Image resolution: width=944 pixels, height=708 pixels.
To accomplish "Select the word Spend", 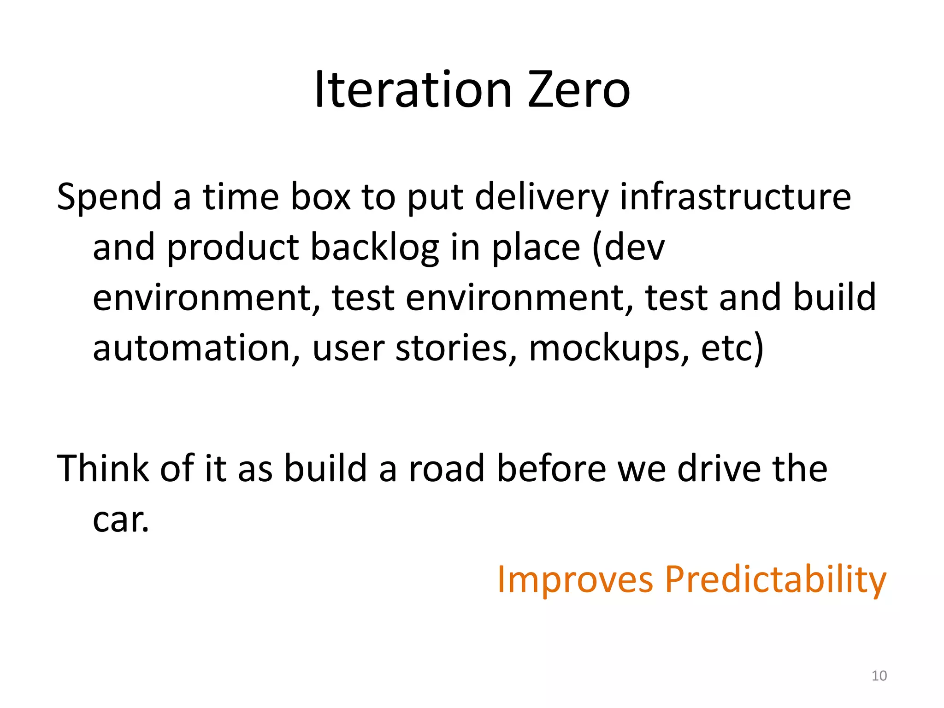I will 109,197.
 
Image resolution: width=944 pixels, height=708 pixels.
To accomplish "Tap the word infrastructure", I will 735,197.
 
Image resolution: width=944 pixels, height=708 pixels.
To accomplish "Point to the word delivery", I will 542,197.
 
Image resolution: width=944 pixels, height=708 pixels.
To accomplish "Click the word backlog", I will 374,248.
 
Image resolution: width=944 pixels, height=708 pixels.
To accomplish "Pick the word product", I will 232,248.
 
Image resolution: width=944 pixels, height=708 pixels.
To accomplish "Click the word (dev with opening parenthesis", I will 628,248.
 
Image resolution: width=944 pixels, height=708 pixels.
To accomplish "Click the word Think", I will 103,469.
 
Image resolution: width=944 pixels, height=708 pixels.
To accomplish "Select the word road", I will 446,469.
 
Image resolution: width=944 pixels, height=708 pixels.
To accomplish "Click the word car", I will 121,520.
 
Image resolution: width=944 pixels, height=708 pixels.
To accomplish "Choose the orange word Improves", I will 575,579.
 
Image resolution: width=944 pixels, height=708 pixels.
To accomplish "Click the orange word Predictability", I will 775,579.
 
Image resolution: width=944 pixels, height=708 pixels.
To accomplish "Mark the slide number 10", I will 879,676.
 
